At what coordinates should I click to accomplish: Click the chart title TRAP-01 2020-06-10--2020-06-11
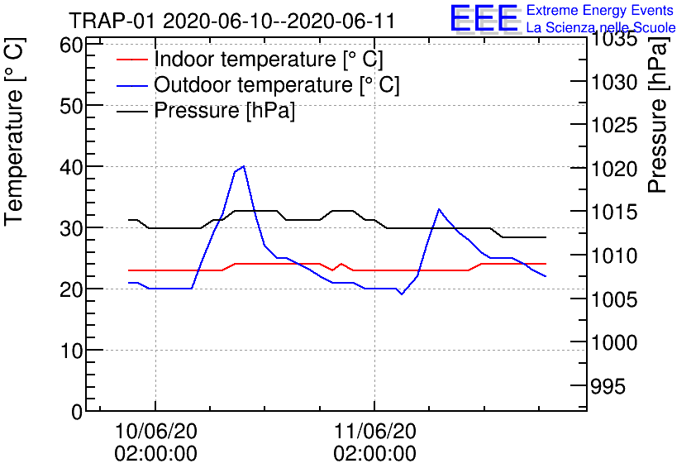pos(232,20)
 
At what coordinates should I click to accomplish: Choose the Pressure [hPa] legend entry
pos(224,110)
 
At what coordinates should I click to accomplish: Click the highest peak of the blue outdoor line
pos(243,166)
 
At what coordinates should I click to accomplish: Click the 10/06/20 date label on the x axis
pos(155,431)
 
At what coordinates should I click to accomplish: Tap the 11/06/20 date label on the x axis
pos(374,431)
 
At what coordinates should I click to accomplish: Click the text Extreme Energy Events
pos(599,11)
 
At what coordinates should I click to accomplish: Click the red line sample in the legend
pos(132,60)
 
